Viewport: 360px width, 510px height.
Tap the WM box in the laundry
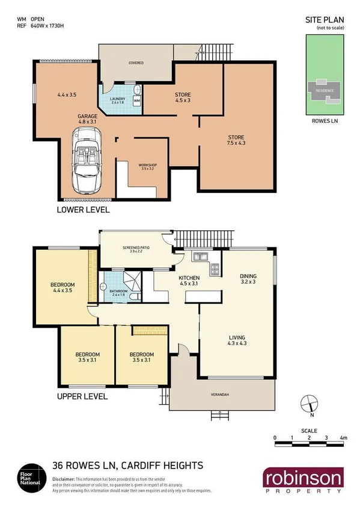click(x=136, y=102)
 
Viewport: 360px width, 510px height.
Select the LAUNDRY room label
click(x=117, y=100)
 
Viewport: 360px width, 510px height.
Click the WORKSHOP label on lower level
click(x=148, y=167)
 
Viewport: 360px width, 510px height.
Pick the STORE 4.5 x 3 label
click(x=183, y=97)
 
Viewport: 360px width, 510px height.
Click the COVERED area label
click(x=135, y=63)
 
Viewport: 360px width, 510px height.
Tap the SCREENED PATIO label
click(x=136, y=249)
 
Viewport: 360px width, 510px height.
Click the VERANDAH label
click(x=221, y=395)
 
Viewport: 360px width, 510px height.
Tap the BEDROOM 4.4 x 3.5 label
click(x=62, y=287)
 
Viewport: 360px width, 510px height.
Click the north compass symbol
click(x=309, y=402)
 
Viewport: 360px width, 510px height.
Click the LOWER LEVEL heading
click(x=82, y=210)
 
